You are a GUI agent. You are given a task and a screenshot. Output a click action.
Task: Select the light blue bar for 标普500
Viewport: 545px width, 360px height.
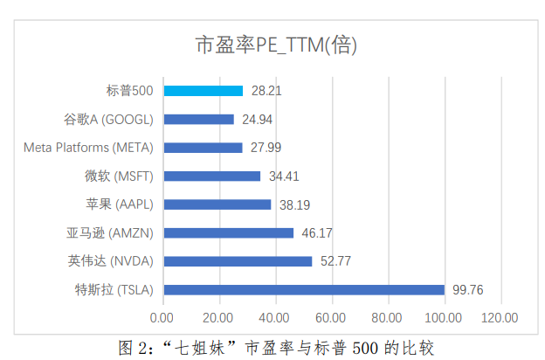point(203,91)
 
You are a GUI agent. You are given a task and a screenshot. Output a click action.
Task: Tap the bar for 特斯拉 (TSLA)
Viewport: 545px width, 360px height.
point(304,290)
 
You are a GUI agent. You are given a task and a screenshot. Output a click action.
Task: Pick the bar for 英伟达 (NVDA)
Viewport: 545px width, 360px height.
point(238,261)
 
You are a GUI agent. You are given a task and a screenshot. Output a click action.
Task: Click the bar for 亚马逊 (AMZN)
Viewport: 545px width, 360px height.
point(228,233)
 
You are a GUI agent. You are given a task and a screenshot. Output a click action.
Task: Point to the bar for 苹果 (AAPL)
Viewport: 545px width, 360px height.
point(217,204)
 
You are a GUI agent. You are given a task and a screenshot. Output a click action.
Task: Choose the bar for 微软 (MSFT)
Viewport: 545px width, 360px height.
point(211,177)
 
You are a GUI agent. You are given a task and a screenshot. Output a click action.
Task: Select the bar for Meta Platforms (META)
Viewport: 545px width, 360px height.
point(203,148)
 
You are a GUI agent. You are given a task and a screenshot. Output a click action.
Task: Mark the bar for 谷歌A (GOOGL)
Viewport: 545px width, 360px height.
point(198,119)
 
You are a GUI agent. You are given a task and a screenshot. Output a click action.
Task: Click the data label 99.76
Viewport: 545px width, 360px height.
point(465,290)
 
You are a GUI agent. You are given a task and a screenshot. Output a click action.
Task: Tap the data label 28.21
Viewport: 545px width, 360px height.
point(266,91)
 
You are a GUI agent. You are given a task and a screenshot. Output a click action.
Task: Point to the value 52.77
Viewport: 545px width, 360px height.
point(335,261)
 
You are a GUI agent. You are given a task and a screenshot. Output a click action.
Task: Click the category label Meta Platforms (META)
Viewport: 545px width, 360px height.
point(88,148)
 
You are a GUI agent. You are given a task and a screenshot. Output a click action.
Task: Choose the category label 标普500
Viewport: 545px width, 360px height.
point(129,91)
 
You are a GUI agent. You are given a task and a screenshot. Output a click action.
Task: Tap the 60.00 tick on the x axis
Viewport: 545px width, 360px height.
point(332,317)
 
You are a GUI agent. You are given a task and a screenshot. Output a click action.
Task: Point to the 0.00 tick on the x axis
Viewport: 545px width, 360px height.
point(162,317)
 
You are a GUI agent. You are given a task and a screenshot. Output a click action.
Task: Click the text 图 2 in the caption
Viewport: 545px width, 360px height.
point(131,347)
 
